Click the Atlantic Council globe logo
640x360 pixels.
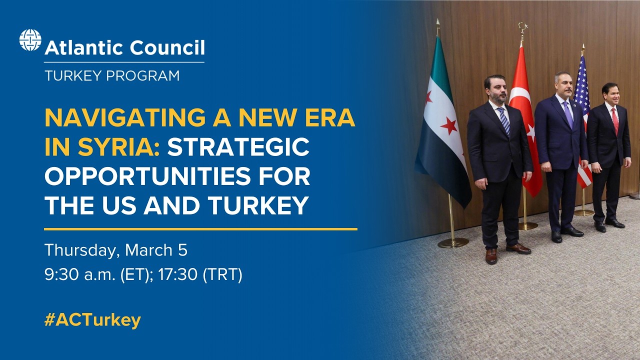pyautogui.click(x=30, y=40)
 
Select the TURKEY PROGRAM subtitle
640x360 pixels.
pyautogui.click(x=111, y=76)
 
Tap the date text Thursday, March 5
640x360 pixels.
pyautogui.click(x=115, y=250)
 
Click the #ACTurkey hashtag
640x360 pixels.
pyautogui.click(x=92, y=320)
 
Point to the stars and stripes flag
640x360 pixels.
pyautogui.click(x=582, y=115)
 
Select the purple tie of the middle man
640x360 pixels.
pyautogui.click(x=568, y=114)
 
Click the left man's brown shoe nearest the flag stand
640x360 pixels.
pyautogui.click(x=491, y=256)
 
